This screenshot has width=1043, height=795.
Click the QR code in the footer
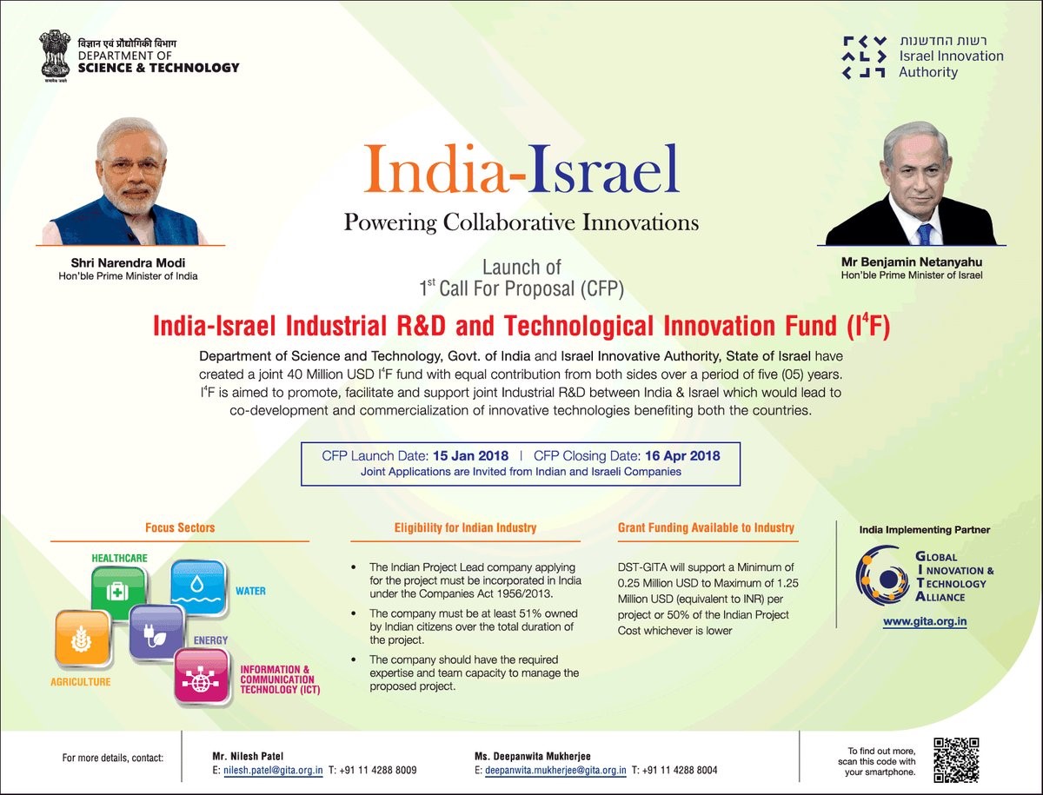(956, 760)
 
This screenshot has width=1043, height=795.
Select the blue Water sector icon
(197, 588)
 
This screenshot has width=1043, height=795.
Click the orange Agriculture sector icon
(82, 639)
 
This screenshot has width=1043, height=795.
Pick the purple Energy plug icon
(156, 633)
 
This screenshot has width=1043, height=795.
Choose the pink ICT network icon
(202, 676)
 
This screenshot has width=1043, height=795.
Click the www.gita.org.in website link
(925, 621)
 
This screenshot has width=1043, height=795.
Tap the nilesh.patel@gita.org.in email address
(273, 770)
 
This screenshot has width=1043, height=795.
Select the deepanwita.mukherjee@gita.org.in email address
(555, 770)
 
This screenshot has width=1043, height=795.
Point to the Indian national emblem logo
(55, 56)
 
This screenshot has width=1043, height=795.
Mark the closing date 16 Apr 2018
(682, 456)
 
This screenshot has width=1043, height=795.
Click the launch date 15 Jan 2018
(470, 456)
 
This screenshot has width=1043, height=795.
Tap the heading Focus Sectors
(180, 527)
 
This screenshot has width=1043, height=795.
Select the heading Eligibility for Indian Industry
(465, 527)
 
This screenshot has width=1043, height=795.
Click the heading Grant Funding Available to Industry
(706, 527)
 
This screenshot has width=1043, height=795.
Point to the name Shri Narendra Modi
(128, 262)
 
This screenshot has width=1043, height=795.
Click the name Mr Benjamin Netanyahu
(912, 262)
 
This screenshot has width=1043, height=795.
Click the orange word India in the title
(435, 169)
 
